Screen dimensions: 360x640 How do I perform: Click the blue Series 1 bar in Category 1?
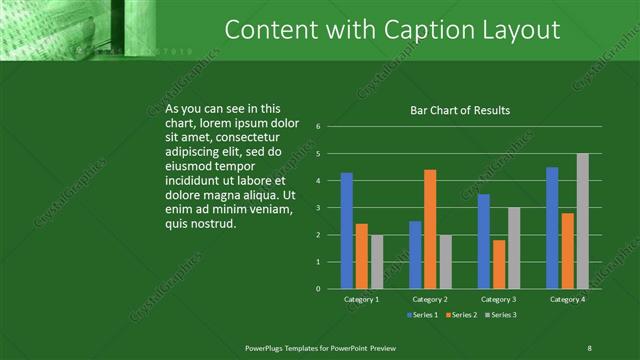[x=346, y=231]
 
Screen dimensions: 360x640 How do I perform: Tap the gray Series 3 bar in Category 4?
[x=583, y=221]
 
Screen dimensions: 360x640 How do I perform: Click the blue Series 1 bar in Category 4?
[x=552, y=228]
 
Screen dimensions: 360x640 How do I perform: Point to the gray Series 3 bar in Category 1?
[x=377, y=262]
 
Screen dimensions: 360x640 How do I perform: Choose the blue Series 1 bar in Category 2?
[x=415, y=255]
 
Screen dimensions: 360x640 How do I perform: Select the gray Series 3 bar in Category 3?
[x=514, y=248]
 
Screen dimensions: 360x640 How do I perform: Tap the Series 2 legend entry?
[x=464, y=315]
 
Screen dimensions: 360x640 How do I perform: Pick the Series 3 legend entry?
[x=501, y=315]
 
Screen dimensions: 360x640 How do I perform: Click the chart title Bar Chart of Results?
[x=460, y=110]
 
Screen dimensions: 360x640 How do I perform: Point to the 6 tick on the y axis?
[x=317, y=127]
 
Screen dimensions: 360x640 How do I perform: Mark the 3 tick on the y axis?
[x=317, y=208]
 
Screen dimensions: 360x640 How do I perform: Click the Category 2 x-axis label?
[x=430, y=299]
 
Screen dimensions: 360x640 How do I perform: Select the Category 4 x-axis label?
[x=567, y=299]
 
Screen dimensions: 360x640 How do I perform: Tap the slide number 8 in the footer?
[x=589, y=347]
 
